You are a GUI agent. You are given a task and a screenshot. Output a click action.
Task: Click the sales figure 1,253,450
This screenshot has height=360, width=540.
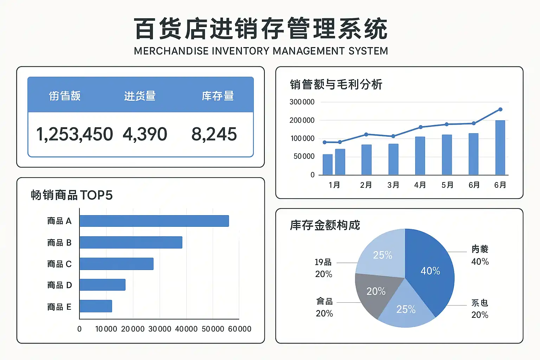pos(75,134)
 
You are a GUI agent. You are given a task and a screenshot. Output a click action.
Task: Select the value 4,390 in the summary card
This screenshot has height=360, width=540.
pos(145,134)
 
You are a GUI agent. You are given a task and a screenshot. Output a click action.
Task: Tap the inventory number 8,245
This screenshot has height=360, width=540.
pos(214,134)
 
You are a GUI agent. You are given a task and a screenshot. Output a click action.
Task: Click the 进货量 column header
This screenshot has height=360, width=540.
pos(140,96)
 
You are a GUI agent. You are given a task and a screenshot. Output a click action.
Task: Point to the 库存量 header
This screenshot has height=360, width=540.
pos(218,96)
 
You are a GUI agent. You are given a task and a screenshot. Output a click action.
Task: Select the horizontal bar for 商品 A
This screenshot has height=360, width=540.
pos(154,221)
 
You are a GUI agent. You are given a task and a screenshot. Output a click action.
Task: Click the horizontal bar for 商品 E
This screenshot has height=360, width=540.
pos(96,306)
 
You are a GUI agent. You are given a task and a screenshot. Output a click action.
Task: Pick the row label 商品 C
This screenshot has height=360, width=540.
pos(59,264)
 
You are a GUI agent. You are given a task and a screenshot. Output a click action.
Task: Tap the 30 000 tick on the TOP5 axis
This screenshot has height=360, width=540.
pos(160,329)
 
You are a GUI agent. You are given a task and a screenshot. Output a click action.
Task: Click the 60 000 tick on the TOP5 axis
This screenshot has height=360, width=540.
pos(239,329)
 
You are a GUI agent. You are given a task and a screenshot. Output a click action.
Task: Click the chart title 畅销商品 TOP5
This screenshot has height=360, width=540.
pos(72,195)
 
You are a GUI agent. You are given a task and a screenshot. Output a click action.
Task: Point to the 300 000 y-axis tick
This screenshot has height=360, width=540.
pos(302,102)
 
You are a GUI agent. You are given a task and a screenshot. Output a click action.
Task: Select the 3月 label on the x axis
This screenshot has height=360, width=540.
pos(393,185)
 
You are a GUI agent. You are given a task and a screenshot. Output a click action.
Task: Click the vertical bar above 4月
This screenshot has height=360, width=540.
pos(420,156)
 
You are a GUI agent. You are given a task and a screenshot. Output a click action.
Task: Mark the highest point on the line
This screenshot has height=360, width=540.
pos(500,109)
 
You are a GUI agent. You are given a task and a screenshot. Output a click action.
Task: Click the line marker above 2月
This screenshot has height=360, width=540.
pos(366,134)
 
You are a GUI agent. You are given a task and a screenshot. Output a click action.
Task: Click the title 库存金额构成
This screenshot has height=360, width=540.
pos(325,225)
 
